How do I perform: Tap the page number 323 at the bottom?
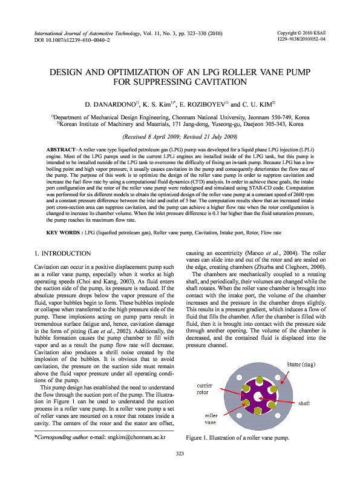(x=180, y=454)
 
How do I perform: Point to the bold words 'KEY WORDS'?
(x=64, y=199)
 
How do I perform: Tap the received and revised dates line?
(x=180, y=137)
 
